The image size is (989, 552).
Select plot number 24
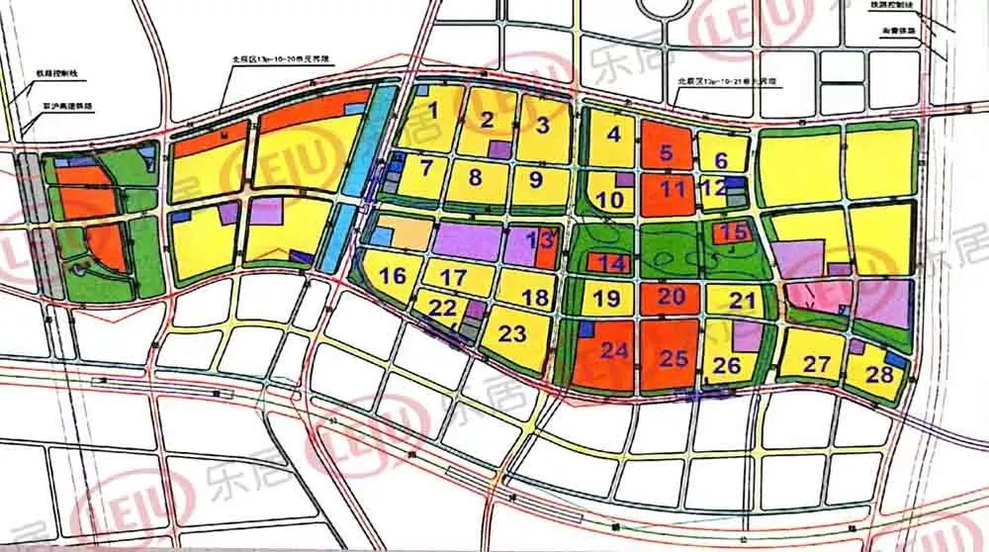[x=615, y=349]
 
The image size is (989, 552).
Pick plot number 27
[x=816, y=365]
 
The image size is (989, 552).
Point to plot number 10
[x=611, y=200]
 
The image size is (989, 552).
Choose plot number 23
[x=512, y=334]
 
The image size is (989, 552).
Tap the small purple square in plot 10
[x=624, y=180]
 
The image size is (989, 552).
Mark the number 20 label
[x=672, y=296]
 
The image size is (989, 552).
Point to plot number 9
[x=535, y=180]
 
